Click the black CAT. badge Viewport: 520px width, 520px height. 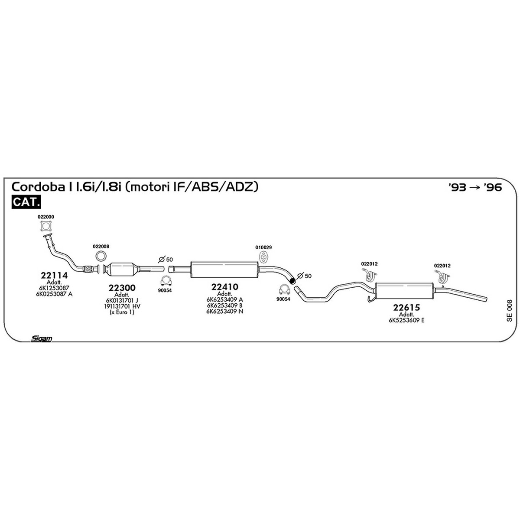tap(26, 202)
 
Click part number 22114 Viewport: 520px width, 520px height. tap(54, 275)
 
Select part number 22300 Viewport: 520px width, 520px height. tap(122, 288)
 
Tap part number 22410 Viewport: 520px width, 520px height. tap(225, 287)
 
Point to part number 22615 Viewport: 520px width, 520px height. tap(406, 307)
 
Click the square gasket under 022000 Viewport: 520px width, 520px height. tap(46, 226)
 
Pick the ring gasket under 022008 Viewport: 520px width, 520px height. tap(101, 256)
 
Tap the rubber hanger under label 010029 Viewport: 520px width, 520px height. tap(263, 257)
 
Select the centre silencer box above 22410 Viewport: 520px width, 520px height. tap(224, 270)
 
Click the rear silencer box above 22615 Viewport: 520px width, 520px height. tap(404, 291)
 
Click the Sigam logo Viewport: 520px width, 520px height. tap(41, 339)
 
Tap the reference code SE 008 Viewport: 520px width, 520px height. tap(509, 311)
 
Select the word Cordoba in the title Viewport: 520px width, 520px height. tap(36, 187)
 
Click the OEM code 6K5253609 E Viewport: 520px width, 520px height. tap(406, 321)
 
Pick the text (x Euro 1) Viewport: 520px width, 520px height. tap(122, 312)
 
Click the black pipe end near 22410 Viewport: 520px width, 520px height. tap(292, 281)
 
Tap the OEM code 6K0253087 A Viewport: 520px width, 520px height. tap(54, 294)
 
